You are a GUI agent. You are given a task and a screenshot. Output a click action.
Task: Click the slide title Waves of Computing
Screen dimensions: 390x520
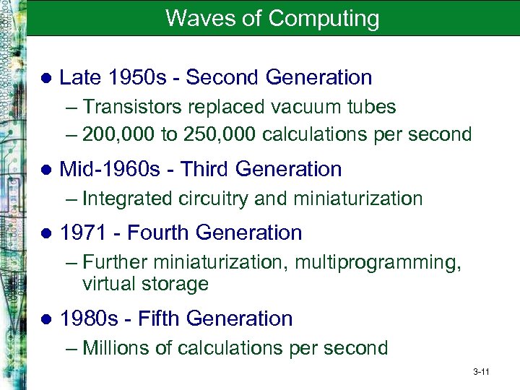click(x=272, y=18)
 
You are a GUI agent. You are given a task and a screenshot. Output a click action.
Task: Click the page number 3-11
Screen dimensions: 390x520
click(x=482, y=372)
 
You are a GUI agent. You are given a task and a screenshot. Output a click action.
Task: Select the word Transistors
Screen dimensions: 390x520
click(x=134, y=107)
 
